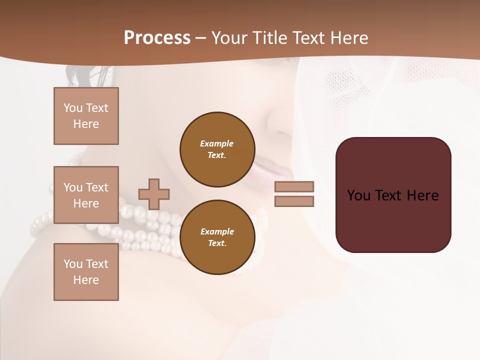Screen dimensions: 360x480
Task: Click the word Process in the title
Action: [x=157, y=38]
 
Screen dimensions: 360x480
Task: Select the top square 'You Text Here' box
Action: [x=86, y=116]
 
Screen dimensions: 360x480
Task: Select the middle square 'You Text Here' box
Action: [x=86, y=195]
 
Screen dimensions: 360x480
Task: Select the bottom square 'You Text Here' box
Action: [x=86, y=272]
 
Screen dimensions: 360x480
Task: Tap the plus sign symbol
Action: [x=154, y=194]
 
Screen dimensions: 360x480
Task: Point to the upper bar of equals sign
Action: [x=294, y=186]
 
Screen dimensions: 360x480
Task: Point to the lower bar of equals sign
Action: [x=294, y=201]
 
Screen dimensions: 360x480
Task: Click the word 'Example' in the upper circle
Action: [x=217, y=143]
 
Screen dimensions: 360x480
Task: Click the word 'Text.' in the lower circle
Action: [x=217, y=243]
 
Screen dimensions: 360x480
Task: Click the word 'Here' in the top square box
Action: [x=86, y=124]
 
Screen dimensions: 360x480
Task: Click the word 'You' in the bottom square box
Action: [x=72, y=264]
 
